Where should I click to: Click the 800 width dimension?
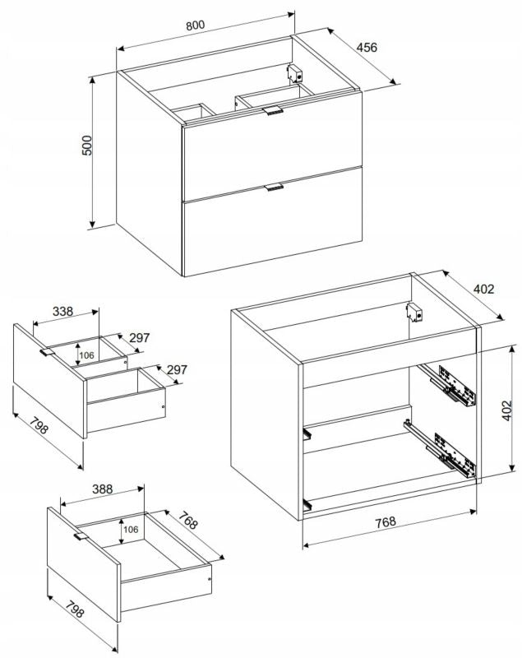click(196, 25)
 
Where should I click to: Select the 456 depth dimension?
click(367, 47)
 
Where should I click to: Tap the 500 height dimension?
click(87, 146)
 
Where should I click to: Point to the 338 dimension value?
click(63, 312)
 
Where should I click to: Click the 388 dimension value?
click(103, 489)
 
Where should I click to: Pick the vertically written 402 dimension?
click(507, 410)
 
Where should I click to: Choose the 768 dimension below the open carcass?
click(386, 521)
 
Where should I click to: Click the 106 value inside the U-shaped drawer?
click(87, 355)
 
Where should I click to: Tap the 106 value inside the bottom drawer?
click(131, 530)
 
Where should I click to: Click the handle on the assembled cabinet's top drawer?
click(273, 110)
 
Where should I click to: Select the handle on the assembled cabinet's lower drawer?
click(275, 188)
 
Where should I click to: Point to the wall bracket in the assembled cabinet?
click(295, 73)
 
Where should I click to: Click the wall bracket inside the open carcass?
click(414, 313)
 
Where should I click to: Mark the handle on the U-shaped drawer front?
click(48, 353)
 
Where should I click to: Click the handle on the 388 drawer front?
click(81, 536)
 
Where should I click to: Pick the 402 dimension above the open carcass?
click(484, 289)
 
